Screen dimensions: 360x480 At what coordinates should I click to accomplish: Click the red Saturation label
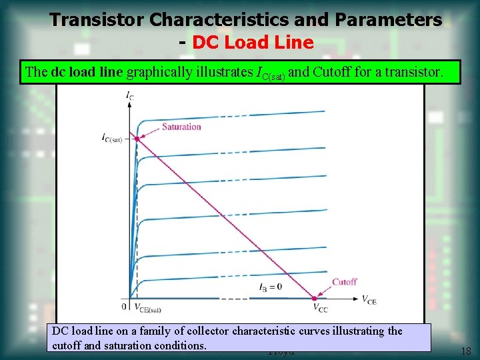click(x=181, y=127)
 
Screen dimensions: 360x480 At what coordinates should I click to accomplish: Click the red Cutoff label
click(x=344, y=281)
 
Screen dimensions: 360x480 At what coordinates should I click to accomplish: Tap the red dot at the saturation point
click(x=137, y=139)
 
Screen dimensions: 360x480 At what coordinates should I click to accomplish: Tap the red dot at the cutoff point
click(x=315, y=297)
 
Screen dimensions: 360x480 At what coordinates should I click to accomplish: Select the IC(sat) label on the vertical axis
click(x=112, y=138)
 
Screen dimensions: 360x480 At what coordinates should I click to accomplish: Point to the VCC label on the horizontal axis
click(x=321, y=308)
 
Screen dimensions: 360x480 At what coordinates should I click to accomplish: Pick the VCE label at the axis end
click(x=369, y=300)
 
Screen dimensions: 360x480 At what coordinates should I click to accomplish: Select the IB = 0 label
click(x=270, y=287)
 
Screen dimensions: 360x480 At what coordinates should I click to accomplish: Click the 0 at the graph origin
click(x=124, y=307)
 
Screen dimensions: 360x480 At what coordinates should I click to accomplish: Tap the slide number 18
click(x=465, y=351)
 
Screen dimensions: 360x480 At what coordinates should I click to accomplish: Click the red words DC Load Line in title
click(x=253, y=43)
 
